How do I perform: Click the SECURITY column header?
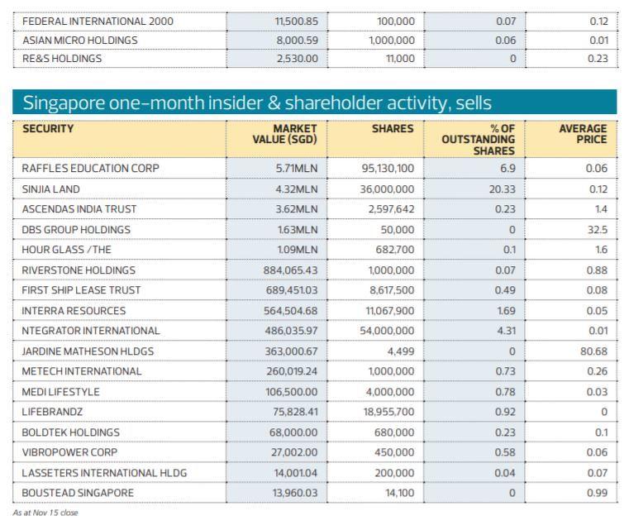[x=48, y=129]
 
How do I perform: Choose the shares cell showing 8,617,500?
[x=389, y=290]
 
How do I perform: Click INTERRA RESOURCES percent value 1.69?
[x=504, y=311]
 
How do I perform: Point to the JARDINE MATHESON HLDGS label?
[x=88, y=351]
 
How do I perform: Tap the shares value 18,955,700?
[x=386, y=412]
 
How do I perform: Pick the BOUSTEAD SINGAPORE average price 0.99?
[x=597, y=493]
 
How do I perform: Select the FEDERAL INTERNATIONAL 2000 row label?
[x=98, y=21]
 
